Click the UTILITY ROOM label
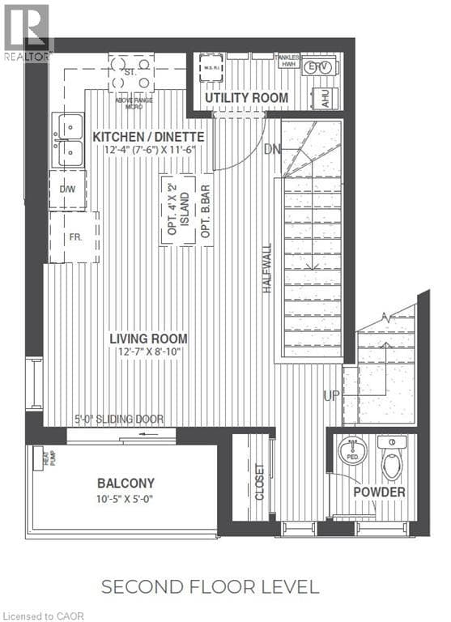(x=246, y=98)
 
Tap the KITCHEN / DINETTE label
(x=148, y=136)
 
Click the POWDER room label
(x=379, y=492)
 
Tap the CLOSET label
(x=259, y=481)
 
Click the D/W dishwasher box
(x=68, y=189)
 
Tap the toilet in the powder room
(x=391, y=459)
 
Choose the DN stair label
(x=273, y=149)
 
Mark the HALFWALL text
(x=267, y=268)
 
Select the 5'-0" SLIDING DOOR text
(x=119, y=420)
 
